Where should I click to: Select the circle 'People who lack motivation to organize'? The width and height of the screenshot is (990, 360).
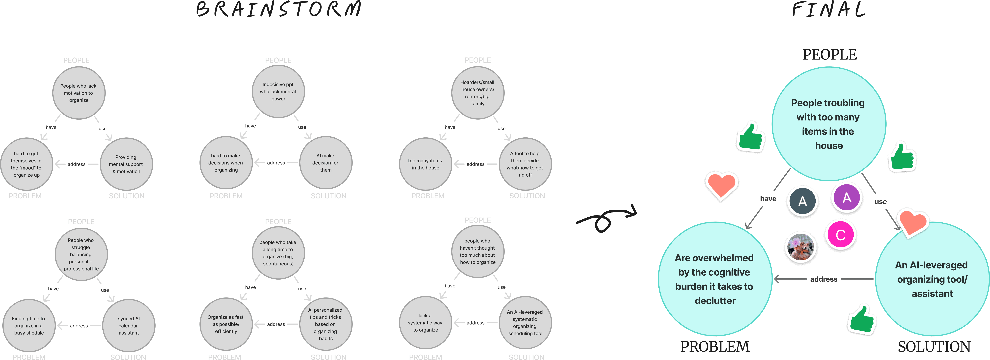tap(79, 93)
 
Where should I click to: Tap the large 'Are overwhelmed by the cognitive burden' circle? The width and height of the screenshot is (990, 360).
tap(715, 279)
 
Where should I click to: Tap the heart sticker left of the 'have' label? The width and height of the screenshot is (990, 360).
tap(721, 186)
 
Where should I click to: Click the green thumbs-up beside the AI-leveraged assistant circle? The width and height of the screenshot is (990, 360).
tap(862, 319)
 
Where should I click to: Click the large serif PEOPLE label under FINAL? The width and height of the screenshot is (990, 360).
tap(829, 55)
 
